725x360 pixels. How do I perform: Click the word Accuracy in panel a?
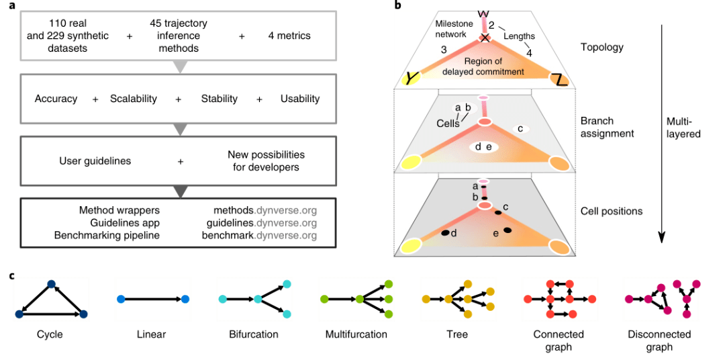click(x=56, y=99)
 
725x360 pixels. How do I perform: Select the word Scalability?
click(x=134, y=99)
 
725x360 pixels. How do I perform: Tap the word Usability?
click(x=299, y=99)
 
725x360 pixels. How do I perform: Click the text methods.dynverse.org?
click(x=262, y=210)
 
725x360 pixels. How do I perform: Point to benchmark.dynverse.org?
click(x=259, y=236)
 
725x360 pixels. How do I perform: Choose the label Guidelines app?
click(x=125, y=223)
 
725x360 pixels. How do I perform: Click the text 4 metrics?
click(x=291, y=35)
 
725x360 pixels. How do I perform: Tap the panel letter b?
click(x=397, y=6)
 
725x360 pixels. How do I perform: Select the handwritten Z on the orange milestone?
click(x=561, y=79)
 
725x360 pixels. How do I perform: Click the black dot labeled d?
click(x=445, y=233)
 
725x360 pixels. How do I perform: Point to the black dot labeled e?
click(x=507, y=230)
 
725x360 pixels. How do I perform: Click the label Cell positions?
click(x=612, y=211)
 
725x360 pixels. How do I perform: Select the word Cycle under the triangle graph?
click(x=50, y=334)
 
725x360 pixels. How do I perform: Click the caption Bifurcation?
click(x=253, y=334)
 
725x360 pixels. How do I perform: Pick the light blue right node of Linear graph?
click(x=185, y=300)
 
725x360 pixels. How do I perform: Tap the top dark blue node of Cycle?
click(x=51, y=285)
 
